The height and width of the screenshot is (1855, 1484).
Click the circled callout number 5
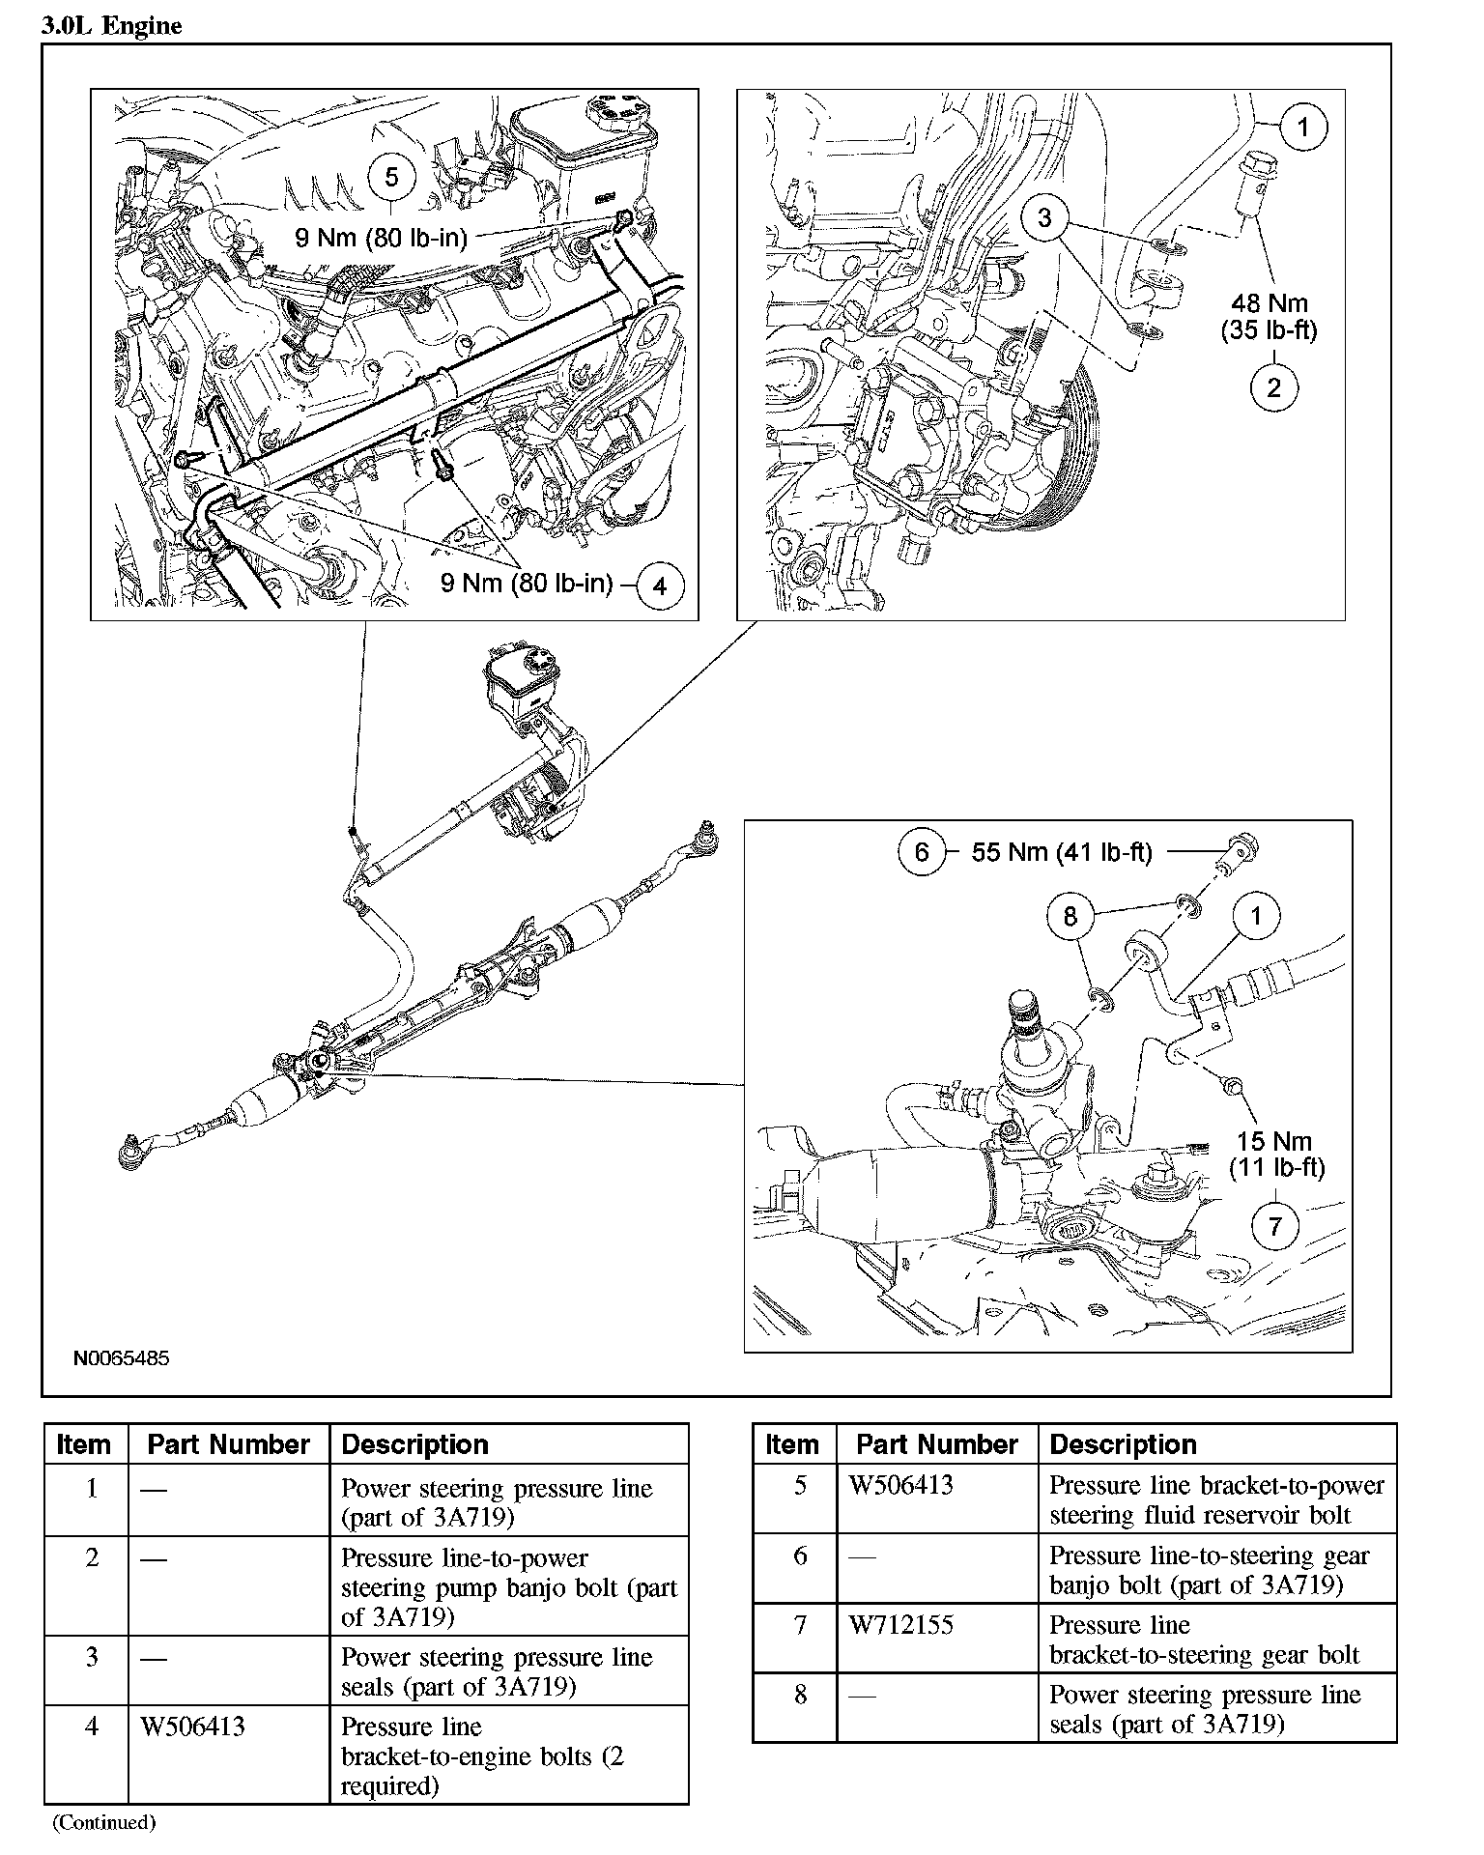391,178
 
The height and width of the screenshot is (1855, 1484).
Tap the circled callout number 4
660,585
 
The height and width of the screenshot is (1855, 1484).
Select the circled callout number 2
1273,388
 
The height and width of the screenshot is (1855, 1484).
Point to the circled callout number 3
1044,217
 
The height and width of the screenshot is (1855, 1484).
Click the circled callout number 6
922,851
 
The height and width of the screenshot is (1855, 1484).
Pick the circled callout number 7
1275,1226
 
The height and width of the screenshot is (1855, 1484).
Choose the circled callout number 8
1070,915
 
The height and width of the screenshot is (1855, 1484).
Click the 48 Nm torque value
1269,302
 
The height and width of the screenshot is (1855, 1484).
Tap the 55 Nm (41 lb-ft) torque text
1062,852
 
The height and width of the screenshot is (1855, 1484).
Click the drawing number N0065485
122,1358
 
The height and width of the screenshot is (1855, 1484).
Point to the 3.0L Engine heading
111,26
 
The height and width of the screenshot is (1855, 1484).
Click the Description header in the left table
415,1444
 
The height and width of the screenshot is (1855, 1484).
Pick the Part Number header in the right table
937,1444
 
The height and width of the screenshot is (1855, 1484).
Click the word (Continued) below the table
103,1822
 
